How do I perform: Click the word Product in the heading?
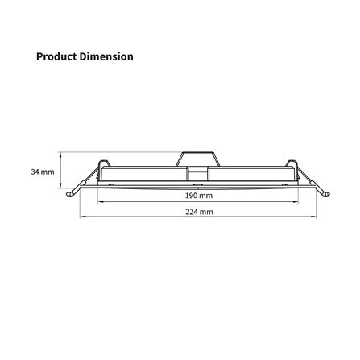tap(56, 56)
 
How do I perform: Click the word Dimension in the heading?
tap(106, 56)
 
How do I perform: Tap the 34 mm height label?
tap(43, 172)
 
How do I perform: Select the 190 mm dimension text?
tap(199, 196)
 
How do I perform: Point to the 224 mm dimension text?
tap(199, 212)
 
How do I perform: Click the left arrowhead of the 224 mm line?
tap(82, 216)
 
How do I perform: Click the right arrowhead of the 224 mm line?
tap(314, 216)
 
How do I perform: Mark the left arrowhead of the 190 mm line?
tap(100, 201)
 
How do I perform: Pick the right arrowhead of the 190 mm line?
tap(296, 201)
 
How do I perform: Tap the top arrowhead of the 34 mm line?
tap(61, 154)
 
